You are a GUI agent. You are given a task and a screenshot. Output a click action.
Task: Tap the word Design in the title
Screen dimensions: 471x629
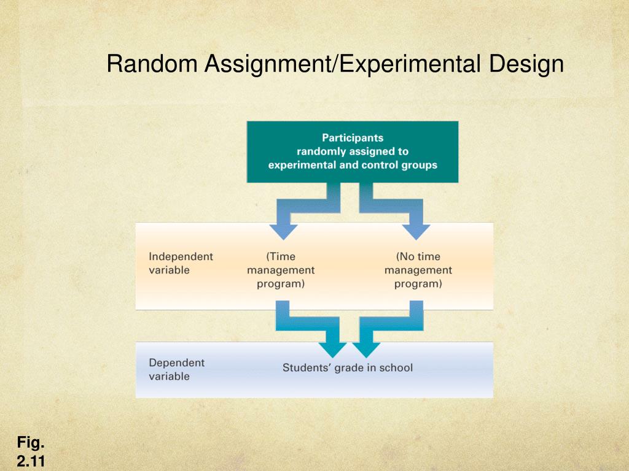point(526,64)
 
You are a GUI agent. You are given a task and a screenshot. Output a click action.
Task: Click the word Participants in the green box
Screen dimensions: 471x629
point(353,138)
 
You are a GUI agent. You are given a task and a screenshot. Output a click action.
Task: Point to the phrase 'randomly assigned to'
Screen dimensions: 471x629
point(353,151)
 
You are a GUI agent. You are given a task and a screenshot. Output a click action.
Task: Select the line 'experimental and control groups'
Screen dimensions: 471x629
point(353,164)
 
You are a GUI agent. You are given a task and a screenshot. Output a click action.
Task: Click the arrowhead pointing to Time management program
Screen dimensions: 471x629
point(283,231)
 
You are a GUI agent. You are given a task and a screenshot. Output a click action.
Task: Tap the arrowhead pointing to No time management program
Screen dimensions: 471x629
point(416,231)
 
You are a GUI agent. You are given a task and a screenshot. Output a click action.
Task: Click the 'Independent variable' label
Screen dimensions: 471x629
point(181,263)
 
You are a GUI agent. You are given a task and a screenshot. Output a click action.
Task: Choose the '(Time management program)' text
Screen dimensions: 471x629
point(281,270)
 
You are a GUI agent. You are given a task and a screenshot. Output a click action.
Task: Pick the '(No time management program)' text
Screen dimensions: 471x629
point(418,270)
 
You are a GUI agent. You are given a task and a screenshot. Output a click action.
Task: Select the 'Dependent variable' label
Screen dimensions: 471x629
point(177,369)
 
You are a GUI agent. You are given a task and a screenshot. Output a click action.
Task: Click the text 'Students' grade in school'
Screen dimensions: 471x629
point(348,368)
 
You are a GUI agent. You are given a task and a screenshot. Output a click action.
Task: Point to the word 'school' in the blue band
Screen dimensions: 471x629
point(396,368)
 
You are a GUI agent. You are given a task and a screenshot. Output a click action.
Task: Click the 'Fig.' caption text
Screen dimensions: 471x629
point(30,442)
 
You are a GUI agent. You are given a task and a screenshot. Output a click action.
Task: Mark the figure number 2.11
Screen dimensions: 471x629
point(30,461)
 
